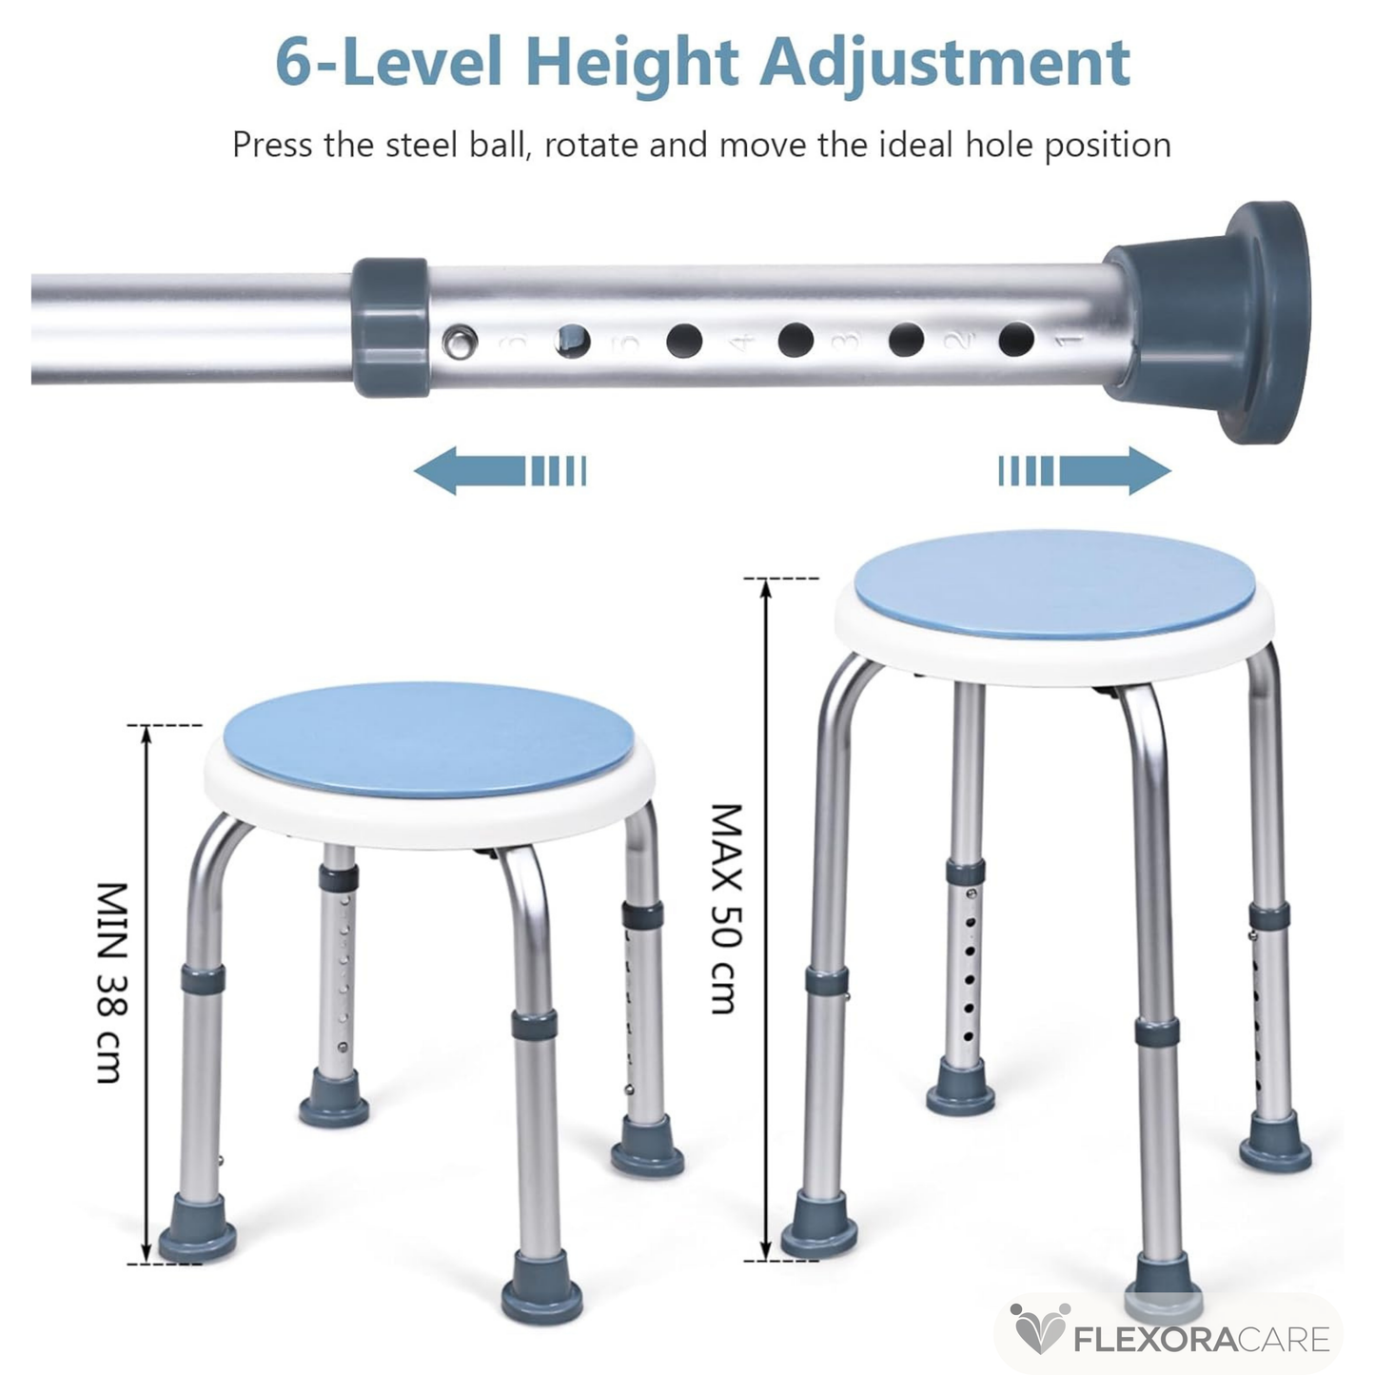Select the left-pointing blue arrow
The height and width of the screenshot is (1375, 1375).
500,471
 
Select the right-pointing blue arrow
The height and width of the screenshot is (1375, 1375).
1085,471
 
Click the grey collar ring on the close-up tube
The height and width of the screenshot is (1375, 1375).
389,327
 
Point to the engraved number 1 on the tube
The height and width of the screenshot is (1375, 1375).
1069,342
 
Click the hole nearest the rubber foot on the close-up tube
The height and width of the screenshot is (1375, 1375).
1016,339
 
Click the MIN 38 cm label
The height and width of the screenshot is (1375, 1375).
112,984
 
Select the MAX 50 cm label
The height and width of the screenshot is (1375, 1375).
727,909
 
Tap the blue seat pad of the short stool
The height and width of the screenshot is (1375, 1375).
428,740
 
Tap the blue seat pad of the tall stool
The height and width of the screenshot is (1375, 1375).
1054,585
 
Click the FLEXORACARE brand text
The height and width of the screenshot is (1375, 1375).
1202,1340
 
